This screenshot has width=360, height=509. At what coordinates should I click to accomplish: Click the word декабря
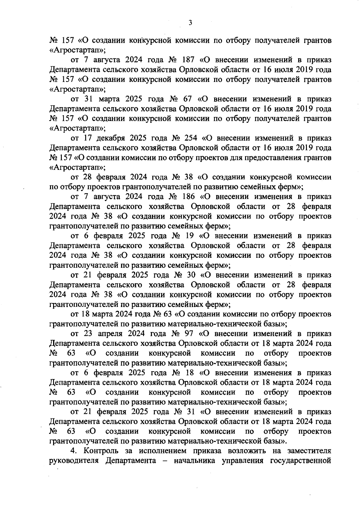click(112, 138)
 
